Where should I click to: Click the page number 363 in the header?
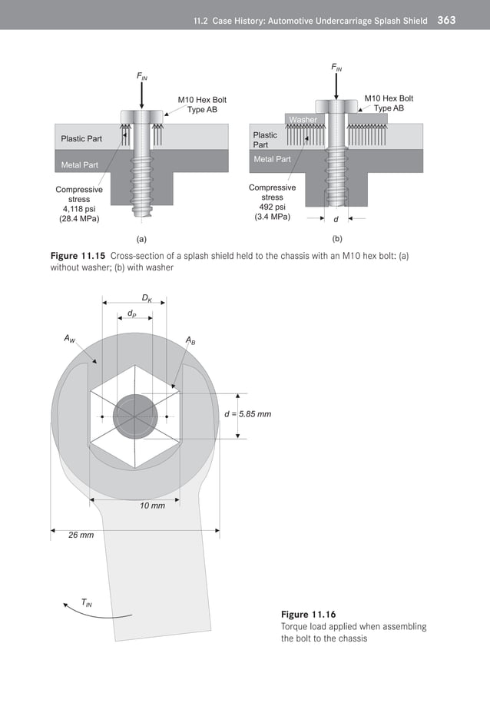click(446, 20)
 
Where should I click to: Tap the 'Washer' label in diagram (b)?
click(303, 120)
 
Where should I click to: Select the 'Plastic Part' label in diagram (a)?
click(81, 139)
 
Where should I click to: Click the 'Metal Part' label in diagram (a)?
click(80, 165)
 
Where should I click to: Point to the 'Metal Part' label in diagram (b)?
click(272, 159)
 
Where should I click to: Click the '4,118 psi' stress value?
click(80, 209)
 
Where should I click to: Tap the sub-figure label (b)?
click(337, 239)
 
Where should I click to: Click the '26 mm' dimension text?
click(81, 535)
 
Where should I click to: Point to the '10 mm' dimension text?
click(152, 506)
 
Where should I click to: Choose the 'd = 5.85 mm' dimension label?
click(247, 414)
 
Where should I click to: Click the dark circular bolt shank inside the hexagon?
click(133, 417)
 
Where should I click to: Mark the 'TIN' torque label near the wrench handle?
click(86, 603)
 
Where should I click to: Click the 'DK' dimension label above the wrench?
click(146, 297)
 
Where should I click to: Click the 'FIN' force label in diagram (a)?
click(143, 76)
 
